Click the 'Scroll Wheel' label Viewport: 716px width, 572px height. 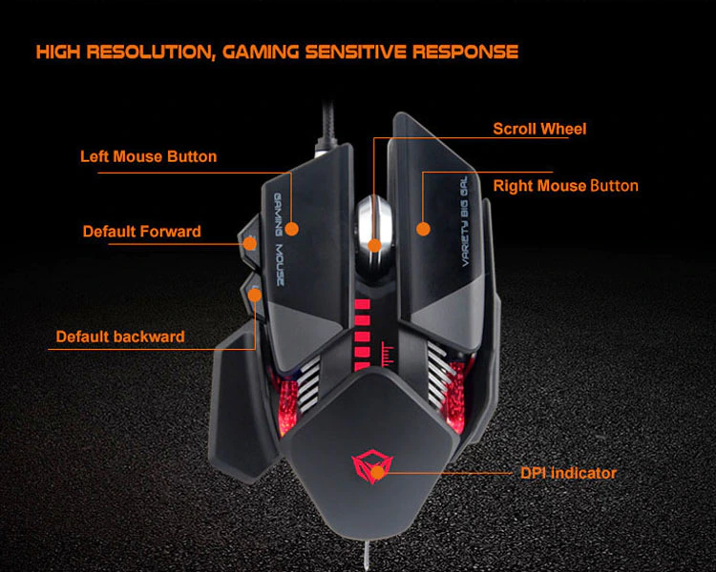click(539, 129)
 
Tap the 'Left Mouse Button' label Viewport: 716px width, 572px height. click(148, 156)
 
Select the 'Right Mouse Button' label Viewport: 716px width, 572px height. click(565, 186)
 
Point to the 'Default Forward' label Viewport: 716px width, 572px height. click(141, 231)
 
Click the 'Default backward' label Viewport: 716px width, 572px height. click(120, 337)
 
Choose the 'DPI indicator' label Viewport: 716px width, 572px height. click(568, 473)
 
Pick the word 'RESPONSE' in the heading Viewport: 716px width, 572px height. click(465, 51)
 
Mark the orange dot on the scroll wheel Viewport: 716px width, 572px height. click(375, 245)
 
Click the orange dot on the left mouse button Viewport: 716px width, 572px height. click(292, 229)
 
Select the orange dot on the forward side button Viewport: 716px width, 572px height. click(250, 243)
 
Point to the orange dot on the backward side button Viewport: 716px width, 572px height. click(255, 295)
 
